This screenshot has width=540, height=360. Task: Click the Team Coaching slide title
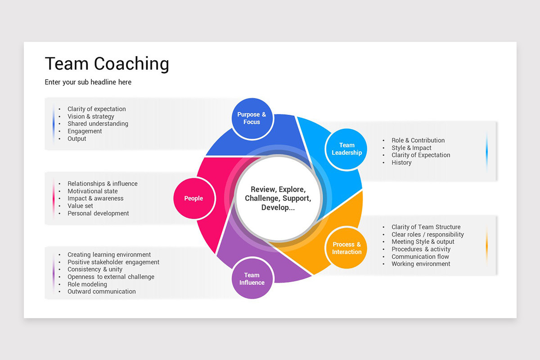[x=107, y=64]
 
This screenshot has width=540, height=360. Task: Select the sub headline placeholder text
[x=88, y=82]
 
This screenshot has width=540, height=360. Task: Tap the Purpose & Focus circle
[x=252, y=118]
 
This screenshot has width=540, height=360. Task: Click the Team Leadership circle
[x=346, y=149]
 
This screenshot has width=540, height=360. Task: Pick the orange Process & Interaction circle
[x=346, y=248]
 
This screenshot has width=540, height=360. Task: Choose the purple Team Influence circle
[x=252, y=279]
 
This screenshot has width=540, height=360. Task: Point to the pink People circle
[x=193, y=198]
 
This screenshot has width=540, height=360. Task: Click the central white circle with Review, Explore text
[x=278, y=198]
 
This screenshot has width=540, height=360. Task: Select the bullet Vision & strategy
[x=91, y=117]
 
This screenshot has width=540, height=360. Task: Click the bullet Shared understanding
[x=98, y=124]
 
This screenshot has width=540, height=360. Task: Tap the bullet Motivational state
[x=92, y=191]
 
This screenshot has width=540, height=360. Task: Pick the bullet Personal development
[x=98, y=213]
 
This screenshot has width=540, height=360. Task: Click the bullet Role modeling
[x=87, y=284]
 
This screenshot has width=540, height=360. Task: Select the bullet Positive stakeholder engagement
[x=113, y=262]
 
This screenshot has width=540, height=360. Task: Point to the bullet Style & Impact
[x=411, y=148]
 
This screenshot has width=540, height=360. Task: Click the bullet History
[x=401, y=163]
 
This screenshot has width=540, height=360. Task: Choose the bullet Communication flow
[x=420, y=256]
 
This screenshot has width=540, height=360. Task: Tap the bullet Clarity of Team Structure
[x=426, y=227]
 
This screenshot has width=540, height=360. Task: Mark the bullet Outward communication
[x=101, y=292]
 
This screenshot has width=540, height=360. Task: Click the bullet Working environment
[x=421, y=264]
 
